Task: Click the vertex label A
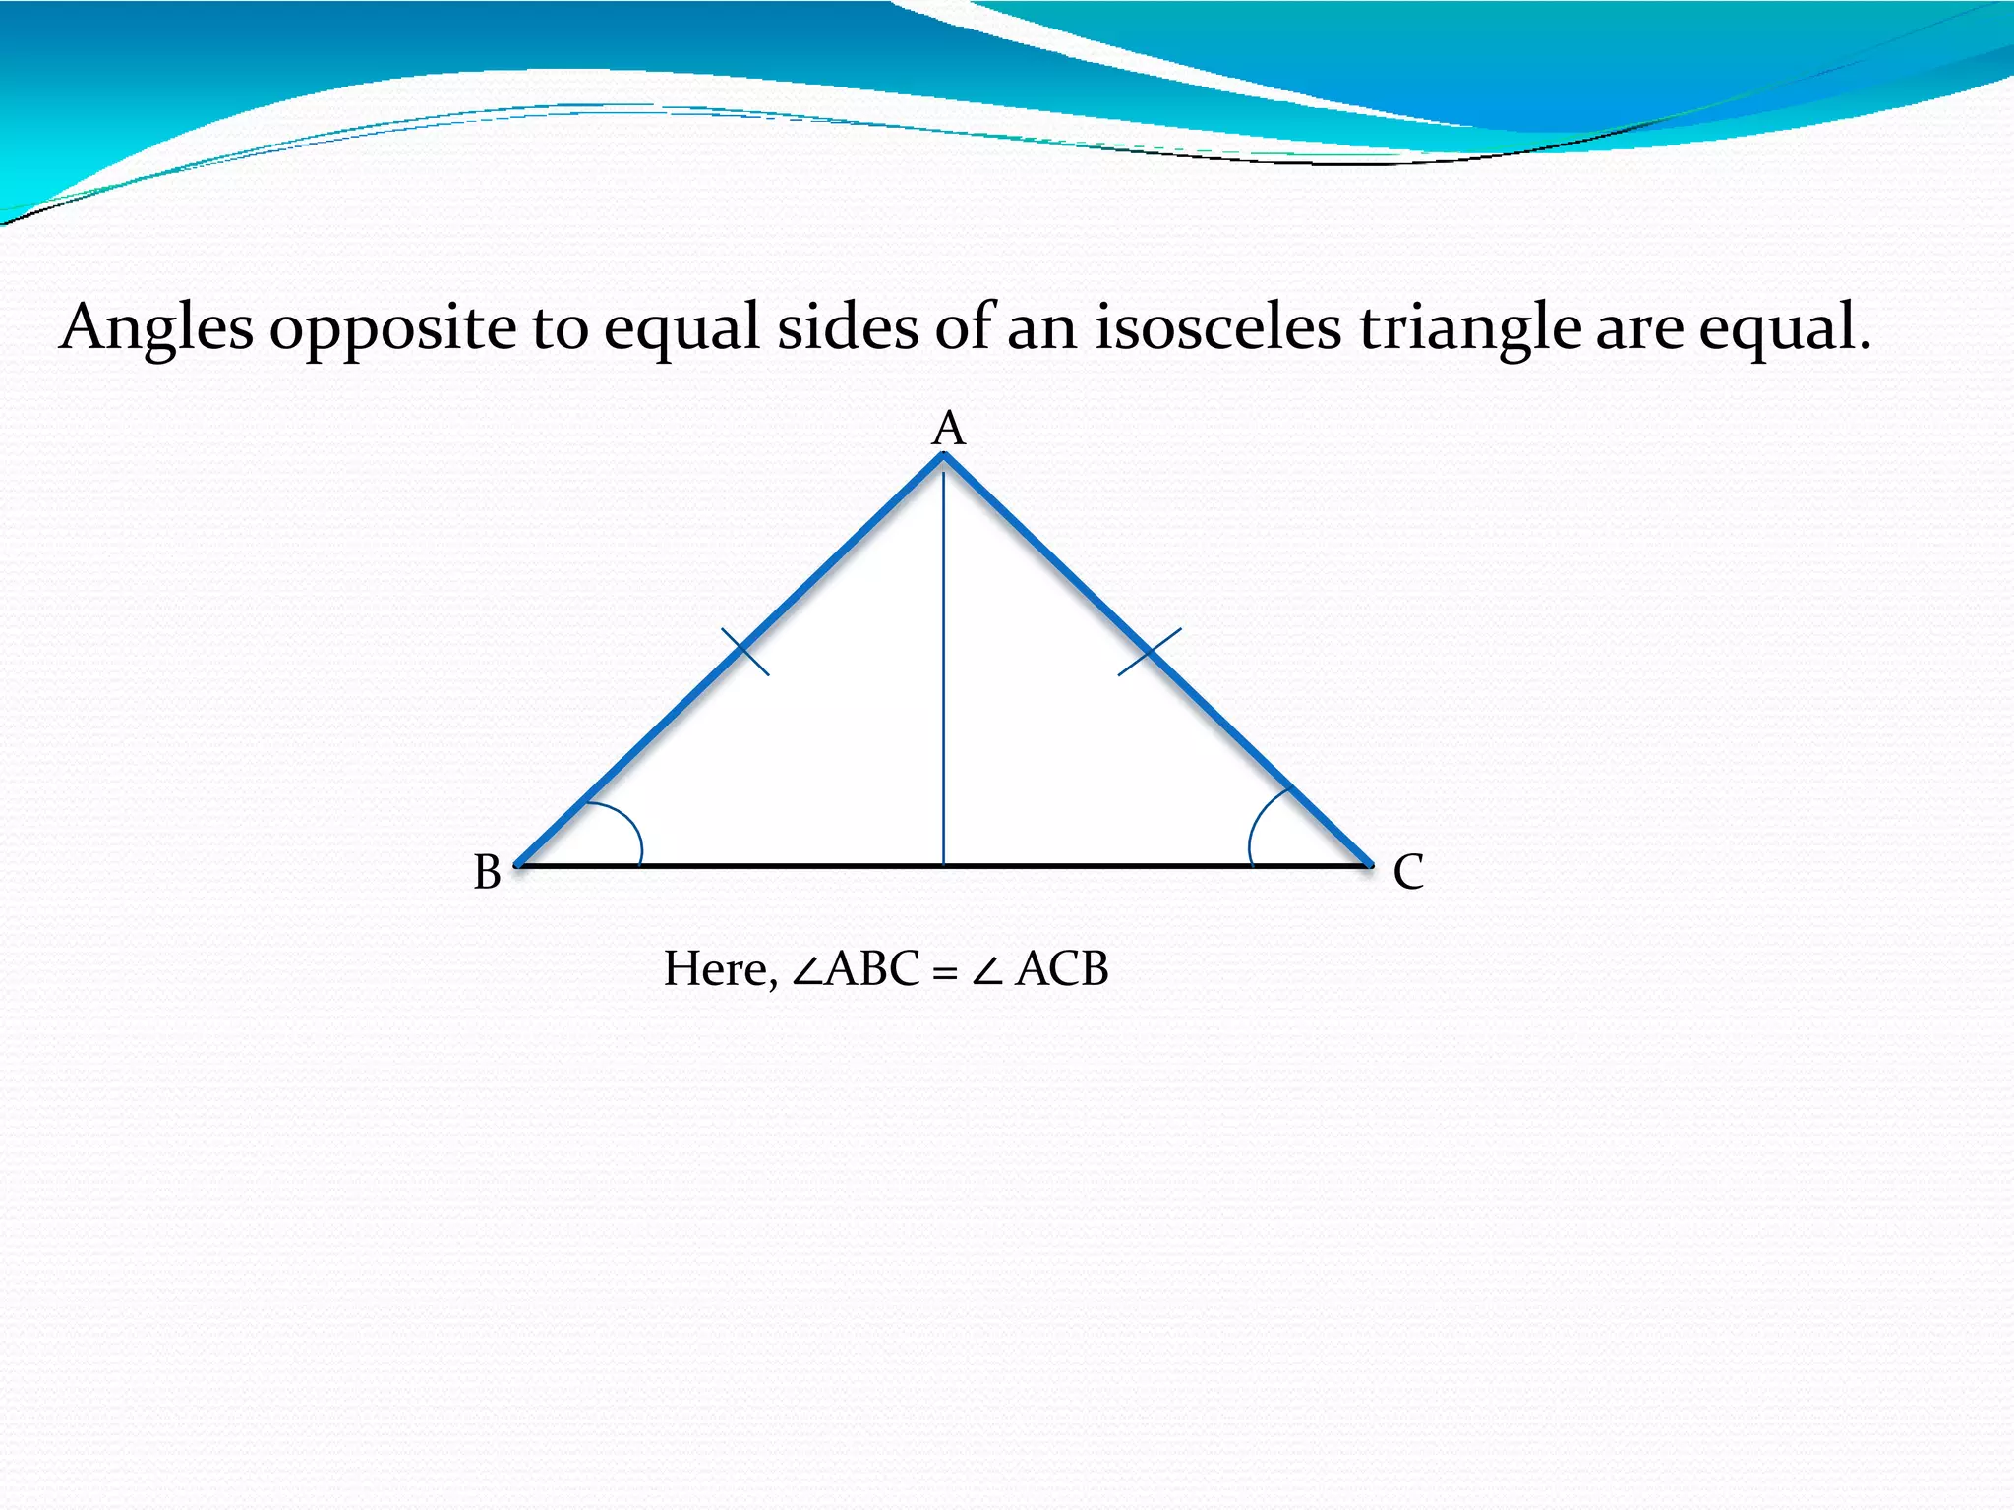pyautogui.click(x=949, y=430)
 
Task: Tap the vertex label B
pyautogui.click(x=488, y=872)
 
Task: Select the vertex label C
pyautogui.click(x=1408, y=872)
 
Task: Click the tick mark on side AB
pyautogui.click(x=745, y=652)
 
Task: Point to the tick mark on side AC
pyautogui.click(x=1150, y=652)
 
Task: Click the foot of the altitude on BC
pyautogui.click(x=944, y=865)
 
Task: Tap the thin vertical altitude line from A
pyautogui.click(x=944, y=668)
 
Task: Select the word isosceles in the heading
pyautogui.click(x=1218, y=326)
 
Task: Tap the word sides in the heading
pyautogui.click(x=848, y=326)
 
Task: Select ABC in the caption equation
pyautogui.click(x=872, y=969)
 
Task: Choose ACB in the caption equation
pyautogui.click(x=1062, y=969)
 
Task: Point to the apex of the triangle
pyautogui.click(x=944, y=455)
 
